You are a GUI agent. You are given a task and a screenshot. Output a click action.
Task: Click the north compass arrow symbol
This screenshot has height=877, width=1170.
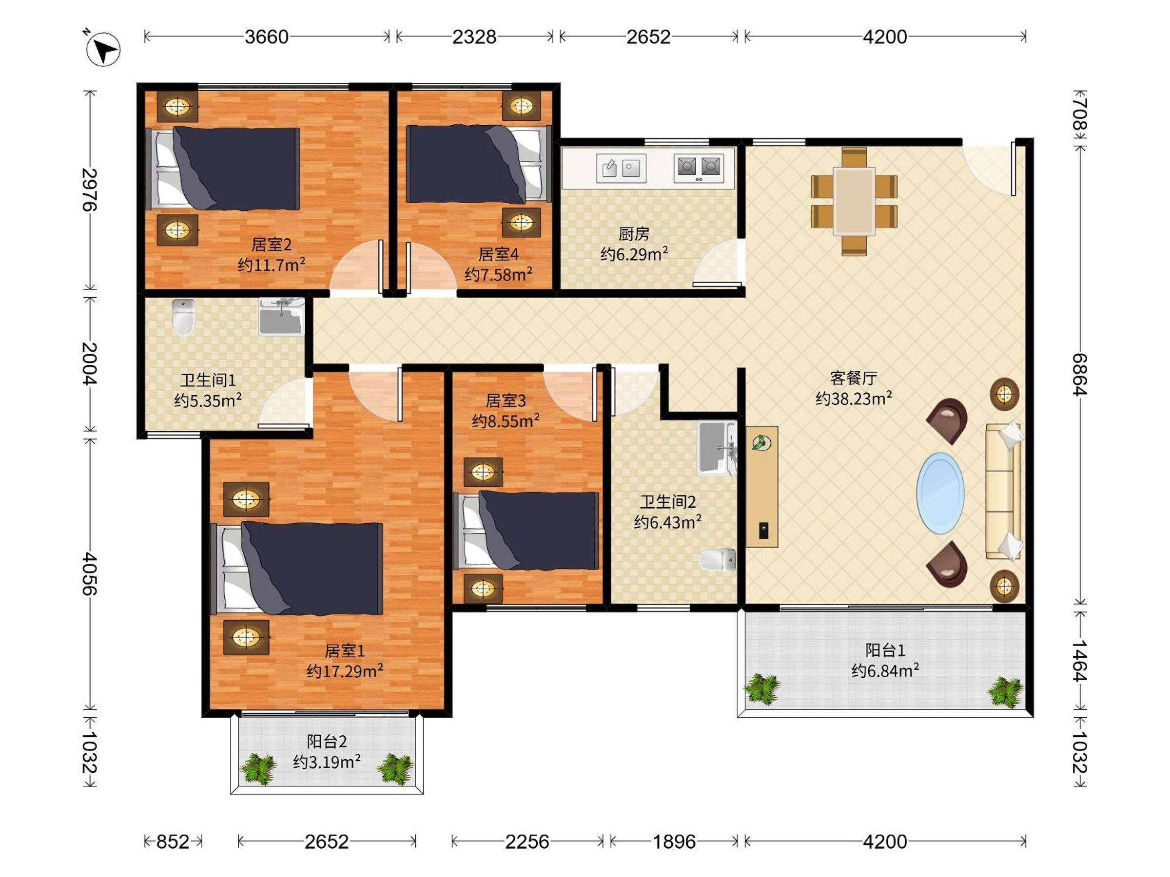pyautogui.click(x=103, y=49)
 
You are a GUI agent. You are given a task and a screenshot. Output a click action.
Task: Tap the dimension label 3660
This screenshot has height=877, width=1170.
pyautogui.click(x=267, y=37)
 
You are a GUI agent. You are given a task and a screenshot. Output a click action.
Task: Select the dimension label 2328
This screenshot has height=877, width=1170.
pyautogui.click(x=474, y=37)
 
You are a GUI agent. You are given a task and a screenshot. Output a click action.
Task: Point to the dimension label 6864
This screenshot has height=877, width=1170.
pyautogui.click(x=1079, y=374)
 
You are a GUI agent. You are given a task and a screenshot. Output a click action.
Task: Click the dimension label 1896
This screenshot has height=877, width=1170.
pyautogui.click(x=674, y=841)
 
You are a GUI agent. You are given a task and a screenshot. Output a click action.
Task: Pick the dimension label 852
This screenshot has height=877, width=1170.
pyautogui.click(x=173, y=841)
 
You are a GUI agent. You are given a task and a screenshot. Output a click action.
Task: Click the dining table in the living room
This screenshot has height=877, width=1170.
pyautogui.click(x=854, y=201)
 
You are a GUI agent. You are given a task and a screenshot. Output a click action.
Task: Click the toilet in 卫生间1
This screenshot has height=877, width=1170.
pyautogui.click(x=183, y=317)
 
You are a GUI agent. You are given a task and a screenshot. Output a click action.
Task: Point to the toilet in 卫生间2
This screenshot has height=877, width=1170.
pyautogui.click(x=717, y=560)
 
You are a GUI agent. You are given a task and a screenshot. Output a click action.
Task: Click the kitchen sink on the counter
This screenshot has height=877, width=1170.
pyautogui.click(x=621, y=169)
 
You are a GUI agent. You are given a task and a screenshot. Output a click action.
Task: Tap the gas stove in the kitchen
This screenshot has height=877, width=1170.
pyautogui.click(x=699, y=169)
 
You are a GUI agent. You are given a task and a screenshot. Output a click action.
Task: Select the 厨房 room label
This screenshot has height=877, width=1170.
pyautogui.click(x=634, y=233)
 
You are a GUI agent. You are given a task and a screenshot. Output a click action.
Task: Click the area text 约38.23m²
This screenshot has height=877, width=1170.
pyautogui.click(x=854, y=398)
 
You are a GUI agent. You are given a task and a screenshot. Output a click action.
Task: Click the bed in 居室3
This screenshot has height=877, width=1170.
pyautogui.click(x=526, y=530)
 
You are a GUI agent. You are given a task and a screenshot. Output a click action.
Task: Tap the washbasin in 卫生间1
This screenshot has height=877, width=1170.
pyautogui.click(x=281, y=317)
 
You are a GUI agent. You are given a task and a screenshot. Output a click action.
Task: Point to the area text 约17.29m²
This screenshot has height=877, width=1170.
pyautogui.click(x=345, y=671)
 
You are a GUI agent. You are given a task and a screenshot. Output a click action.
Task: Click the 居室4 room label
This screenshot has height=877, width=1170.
pyautogui.click(x=498, y=254)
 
